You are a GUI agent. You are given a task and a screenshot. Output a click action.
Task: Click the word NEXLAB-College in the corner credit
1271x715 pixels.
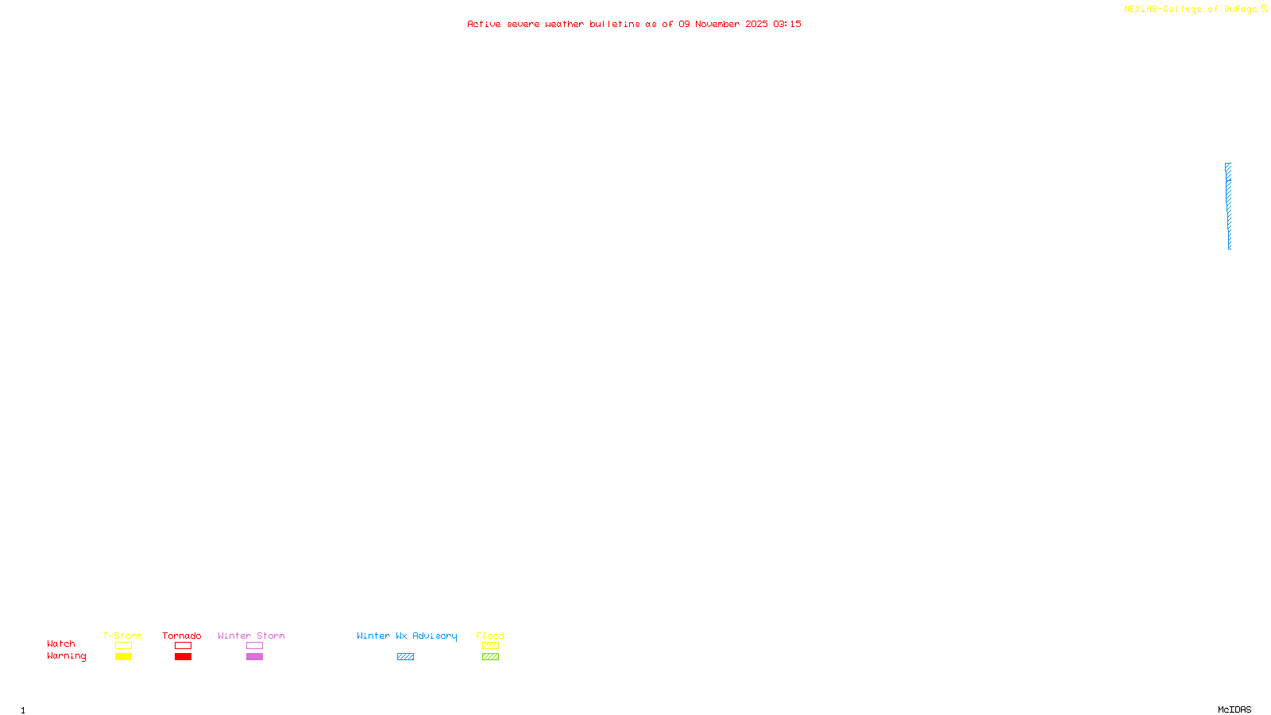click(x=1162, y=10)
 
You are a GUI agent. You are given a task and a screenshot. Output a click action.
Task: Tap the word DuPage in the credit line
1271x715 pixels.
click(x=1240, y=10)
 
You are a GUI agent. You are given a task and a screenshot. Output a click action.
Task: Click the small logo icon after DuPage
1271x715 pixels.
click(x=1264, y=9)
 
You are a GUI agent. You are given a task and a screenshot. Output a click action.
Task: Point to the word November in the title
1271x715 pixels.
click(x=717, y=24)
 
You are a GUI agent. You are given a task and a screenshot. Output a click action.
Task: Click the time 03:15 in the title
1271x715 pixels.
click(x=787, y=24)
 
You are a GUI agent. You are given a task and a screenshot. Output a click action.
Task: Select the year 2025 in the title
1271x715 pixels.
click(x=756, y=24)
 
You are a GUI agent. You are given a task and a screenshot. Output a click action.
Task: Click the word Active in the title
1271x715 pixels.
click(x=484, y=24)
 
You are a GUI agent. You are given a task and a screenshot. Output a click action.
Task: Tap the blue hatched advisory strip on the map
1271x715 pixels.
click(x=1228, y=206)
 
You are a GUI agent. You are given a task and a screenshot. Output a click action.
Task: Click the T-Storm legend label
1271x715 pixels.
click(x=122, y=636)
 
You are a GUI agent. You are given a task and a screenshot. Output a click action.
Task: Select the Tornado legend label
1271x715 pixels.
click(x=182, y=636)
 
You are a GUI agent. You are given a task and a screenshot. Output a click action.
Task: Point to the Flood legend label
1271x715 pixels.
click(x=490, y=636)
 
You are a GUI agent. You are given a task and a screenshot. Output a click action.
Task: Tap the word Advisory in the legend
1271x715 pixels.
click(x=435, y=636)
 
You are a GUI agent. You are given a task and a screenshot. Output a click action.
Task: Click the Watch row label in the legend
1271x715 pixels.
click(x=61, y=643)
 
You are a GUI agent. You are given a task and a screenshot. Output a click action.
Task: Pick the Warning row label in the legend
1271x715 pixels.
click(x=66, y=656)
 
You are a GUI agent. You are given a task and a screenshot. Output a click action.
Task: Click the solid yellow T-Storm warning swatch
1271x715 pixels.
click(x=123, y=657)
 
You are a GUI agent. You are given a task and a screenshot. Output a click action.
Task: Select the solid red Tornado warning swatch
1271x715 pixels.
click(x=183, y=657)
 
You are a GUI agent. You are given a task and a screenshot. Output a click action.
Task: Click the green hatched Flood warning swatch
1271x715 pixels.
click(x=490, y=657)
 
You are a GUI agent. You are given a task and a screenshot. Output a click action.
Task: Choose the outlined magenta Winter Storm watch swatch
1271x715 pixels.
click(x=254, y=646)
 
